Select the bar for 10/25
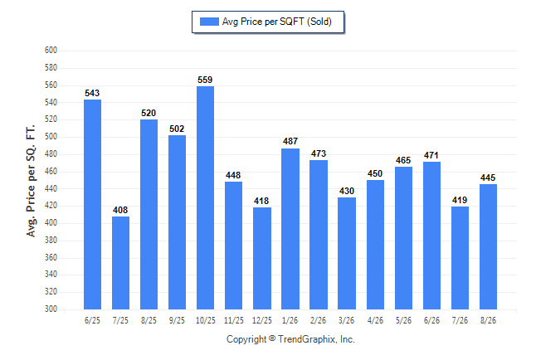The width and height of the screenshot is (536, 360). [x=205, y=197]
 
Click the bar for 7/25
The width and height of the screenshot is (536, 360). [x=120, y=263]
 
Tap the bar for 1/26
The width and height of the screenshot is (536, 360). [x=290, y=229]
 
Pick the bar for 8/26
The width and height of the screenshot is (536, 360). [x=488, y=247]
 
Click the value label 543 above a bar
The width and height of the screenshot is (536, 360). [x=92, y=93]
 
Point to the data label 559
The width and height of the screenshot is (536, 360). [x=205, y=80]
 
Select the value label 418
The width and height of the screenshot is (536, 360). [x=261, y=201]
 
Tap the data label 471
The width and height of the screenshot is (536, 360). [x=431, y=156]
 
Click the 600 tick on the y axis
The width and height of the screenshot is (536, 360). [x=51, y=51]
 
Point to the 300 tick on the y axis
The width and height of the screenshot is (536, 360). [x=51, y=309]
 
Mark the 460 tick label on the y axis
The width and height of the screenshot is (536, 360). [x=51, y=171]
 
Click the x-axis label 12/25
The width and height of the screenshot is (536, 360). [x=262, y=320]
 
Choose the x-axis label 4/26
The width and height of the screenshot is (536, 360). [x=375, y=320]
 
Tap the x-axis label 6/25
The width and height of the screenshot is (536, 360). [x=92, y=320]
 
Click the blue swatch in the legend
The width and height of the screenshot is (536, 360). [x=209, y=22]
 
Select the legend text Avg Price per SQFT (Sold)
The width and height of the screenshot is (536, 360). [x=277, y=22]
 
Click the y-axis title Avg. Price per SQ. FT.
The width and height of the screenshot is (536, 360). [x=31, y=181]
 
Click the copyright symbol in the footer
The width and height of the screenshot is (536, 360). [x=272, y=338]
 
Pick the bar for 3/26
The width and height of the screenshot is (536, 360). [x=347, y=253]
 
